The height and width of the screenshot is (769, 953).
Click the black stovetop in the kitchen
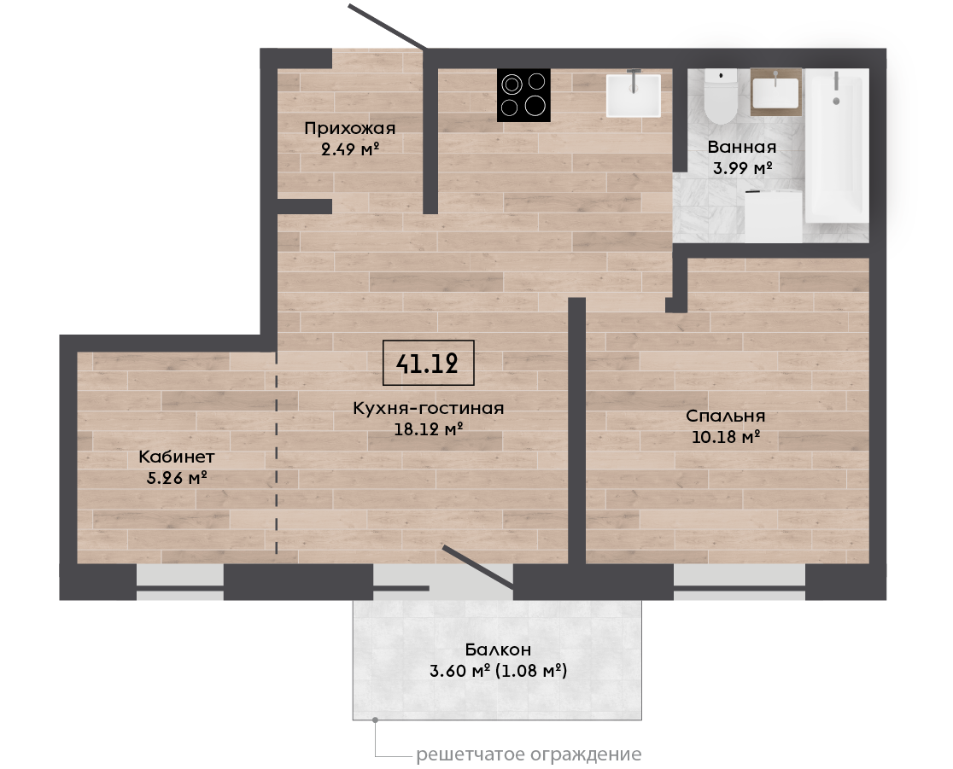coord(523,95)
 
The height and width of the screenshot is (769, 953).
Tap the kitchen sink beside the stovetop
coord(634,96)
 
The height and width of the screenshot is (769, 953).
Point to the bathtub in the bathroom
coord(836,145)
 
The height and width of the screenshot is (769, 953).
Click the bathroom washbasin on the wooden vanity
coord(775,93)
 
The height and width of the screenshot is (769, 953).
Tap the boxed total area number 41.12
coord(428,364)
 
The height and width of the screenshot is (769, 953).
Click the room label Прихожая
coord(349,128)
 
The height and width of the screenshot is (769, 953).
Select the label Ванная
coord(741,147)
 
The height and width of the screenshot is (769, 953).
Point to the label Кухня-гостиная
coord(429,408)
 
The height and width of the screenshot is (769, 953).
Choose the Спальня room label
coord(725,417)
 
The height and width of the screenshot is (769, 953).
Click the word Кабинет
coord(176,456)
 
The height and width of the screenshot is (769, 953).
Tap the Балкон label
coord(498,650)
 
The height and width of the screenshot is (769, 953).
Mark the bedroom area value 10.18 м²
coord(726,437)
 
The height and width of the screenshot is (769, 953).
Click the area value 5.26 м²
coord(177,478)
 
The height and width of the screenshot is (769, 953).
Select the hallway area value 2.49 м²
coord(350,149)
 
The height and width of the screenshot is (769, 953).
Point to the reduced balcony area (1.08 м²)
coord(531,671)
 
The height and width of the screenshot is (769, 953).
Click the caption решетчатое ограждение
coord(529,754)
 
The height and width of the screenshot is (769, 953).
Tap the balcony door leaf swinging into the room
coord(478,568)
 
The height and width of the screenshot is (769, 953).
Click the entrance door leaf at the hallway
coord(387,26)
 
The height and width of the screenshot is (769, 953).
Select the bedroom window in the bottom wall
coord(739,582)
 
